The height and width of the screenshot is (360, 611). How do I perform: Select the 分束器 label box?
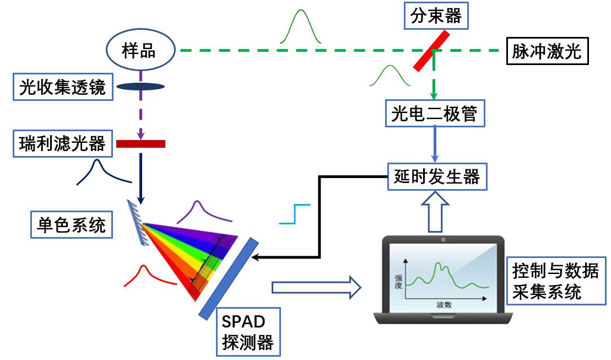tap(436, 17)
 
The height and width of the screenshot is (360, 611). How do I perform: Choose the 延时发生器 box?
tap(437, 176)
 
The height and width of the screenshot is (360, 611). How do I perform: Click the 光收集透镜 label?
tap(62, 87)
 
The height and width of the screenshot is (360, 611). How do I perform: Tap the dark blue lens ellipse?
tap(140, 86)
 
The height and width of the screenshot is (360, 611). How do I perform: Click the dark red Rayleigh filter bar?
tap(140, 144)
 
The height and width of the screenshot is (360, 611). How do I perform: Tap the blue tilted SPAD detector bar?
tap(229, 278)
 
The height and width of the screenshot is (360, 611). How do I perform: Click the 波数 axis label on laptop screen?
tap(444, 304)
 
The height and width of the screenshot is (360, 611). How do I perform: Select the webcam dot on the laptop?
tap(443, 240)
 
